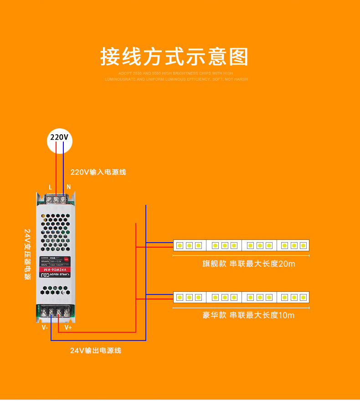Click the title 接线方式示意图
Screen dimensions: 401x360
[175, 57]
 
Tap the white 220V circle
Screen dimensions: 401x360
[59, 137]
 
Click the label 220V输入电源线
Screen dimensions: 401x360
[98, 172]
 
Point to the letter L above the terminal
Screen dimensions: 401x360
[50, 187]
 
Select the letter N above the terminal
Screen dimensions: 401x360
[68, 187]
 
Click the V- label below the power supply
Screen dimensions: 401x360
[45, 327]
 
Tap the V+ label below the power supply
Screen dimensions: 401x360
[68, 327]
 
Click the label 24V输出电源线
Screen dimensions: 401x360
[96, 350]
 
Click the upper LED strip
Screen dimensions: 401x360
[241, 245]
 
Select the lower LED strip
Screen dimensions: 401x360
[241, 297]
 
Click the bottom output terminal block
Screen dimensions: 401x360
[56, 312]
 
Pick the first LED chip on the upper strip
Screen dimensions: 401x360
[180, 245]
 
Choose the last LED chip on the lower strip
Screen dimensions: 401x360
[303, 297]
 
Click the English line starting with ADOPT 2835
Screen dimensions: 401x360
[175, 73]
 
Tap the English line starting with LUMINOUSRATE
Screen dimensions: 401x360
[176, 79]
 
